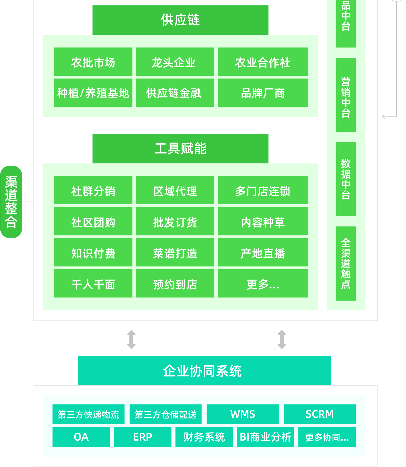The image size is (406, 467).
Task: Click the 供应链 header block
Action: click(x=180, y=20)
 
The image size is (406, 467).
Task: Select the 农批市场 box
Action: click(x=93, y=62)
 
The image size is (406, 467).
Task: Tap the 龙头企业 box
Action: click(x=175, y=62)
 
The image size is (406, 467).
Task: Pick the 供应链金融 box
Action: click(x=175, y=93)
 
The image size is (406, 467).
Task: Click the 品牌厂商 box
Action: click(x=263, y=93)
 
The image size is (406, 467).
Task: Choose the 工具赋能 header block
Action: click(x=180, y=149)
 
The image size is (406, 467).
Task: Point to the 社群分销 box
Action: click(x=93, y=190)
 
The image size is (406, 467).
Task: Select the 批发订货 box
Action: click(x=175, y=222)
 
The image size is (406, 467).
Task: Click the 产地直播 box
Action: click(x=263, y=253)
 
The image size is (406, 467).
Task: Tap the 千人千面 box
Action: click(x=93, y=284)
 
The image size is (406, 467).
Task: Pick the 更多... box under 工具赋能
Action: click(x=263, y=284)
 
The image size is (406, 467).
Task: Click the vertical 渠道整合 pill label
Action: click(x=11, y=202)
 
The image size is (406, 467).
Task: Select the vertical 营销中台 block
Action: click(x=346, y=95)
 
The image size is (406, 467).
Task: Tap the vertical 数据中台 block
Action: click(x=346, y=179)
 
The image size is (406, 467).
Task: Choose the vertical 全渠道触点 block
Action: click(x=346, y=263)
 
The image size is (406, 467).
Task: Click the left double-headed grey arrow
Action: click(x=131, y=339)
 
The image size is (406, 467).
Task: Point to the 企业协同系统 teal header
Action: click(x=204, y=370)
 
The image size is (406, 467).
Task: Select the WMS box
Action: click(x=243, y=414)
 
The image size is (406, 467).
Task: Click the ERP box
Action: click(x=143, y=437)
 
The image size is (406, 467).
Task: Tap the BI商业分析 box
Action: click(x=265, y=437)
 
